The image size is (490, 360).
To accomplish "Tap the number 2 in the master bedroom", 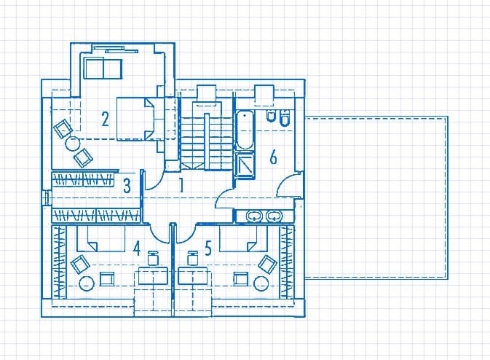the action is tap(106, 119).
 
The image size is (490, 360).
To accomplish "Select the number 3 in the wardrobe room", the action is tap(127, 186).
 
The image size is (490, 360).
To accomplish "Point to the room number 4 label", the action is tap(137, 249).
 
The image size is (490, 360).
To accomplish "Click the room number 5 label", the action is tap(208, 249).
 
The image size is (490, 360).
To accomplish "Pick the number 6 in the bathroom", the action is tap(274, 157).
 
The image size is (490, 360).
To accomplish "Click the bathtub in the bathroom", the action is tap(244, 130).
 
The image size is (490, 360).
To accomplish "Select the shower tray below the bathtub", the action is tap(244, 165).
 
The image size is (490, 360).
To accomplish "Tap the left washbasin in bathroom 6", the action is tap(254, 216).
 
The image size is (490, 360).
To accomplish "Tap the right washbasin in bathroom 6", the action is tap(274, 216).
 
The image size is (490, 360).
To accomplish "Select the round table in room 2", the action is tap(73, 144).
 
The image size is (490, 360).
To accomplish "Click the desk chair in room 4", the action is tap(152, 258).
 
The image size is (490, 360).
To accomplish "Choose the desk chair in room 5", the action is tap(192, 258).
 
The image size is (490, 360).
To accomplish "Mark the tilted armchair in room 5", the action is tap(268, 264).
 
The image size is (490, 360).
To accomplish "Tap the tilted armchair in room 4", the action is tap(81, 265).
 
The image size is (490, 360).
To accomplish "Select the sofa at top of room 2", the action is tap(103, 69).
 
